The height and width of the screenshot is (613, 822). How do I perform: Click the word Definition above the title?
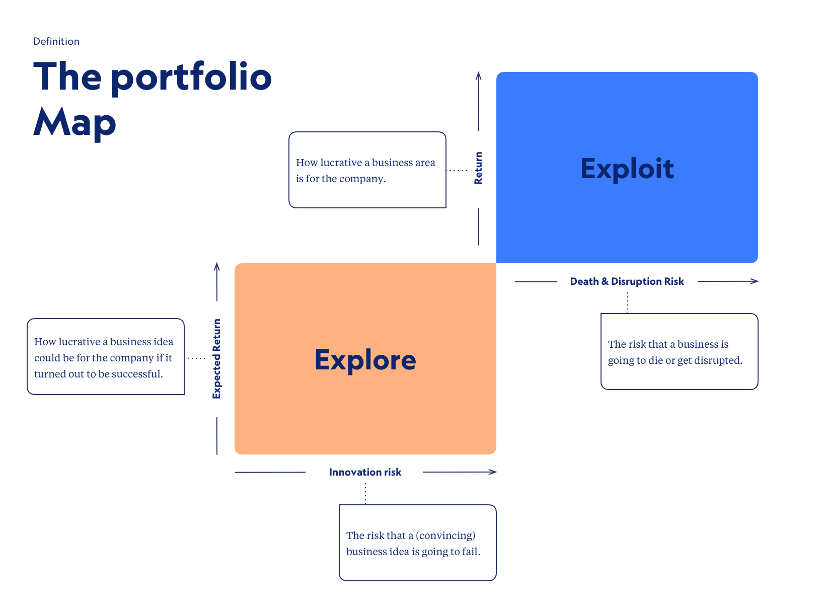click(x=56, y=41)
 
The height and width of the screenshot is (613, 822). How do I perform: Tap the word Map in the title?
click(x=75, y=122)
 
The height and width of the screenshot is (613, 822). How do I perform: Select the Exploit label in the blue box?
click(x=627, y=169)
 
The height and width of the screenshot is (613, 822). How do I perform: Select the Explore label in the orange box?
click(x=365, y=360)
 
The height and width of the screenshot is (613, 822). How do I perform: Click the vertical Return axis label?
click(x=478, y=168)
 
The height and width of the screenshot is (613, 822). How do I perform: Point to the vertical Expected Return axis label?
click(x=217, y=359)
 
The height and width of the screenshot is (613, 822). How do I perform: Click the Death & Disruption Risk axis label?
click(x=627, y=281)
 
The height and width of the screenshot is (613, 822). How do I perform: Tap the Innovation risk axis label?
click(x=365, y=472)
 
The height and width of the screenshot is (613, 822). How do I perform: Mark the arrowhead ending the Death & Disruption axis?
click(x=755, y=281)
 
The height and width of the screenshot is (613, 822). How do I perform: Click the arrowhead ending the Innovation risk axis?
click(x=493, y=472)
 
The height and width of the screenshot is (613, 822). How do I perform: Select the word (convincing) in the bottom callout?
click(x=445, y=535)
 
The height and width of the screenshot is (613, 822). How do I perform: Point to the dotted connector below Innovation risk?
click(x=365, y=493)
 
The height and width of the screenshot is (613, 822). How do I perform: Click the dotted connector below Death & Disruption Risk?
click(x=627, y=302)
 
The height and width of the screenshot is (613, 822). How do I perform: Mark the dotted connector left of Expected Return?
click(x=196, y=358)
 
